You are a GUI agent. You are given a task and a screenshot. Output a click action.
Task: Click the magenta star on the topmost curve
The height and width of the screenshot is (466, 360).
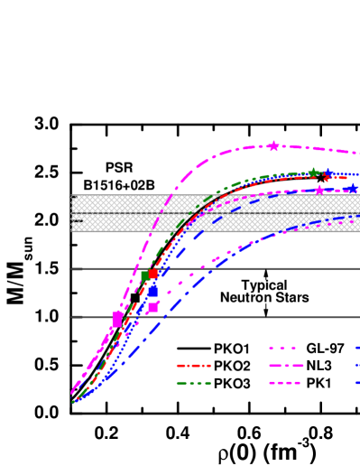pos(273,145)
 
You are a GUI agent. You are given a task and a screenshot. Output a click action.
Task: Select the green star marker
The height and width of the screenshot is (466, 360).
pos(313,172)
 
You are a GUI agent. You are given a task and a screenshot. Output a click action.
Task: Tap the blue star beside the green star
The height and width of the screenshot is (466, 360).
pos(328,173)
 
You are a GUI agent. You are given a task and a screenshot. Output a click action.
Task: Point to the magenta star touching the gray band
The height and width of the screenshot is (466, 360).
pos(318,191)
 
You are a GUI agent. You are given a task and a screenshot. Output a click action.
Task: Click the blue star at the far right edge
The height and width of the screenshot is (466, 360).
pos(352,188)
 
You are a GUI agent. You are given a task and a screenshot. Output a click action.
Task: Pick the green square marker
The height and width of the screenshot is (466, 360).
pos(145,275)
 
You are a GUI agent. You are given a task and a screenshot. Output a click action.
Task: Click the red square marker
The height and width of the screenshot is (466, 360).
pos(153,273)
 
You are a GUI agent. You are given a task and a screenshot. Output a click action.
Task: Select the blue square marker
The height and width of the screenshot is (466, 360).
pos(152,291)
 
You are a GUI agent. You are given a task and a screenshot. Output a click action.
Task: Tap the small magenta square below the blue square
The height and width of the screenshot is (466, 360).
pos(152,307)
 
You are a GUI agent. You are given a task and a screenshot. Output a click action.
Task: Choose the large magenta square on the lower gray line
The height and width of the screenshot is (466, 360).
pos(117,319)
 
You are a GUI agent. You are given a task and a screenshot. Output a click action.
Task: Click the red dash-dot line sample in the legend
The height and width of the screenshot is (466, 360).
pos(193,366)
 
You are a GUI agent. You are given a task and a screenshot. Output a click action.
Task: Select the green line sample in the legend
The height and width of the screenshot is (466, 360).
pos(193,383)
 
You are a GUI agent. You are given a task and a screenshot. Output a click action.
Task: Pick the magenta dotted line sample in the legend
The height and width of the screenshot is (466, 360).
pos(283,348)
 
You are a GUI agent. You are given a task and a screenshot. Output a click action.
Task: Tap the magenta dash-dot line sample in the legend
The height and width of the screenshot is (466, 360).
pos(285,366)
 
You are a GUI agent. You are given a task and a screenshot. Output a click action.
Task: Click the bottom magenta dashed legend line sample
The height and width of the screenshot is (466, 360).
pos(285,383)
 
